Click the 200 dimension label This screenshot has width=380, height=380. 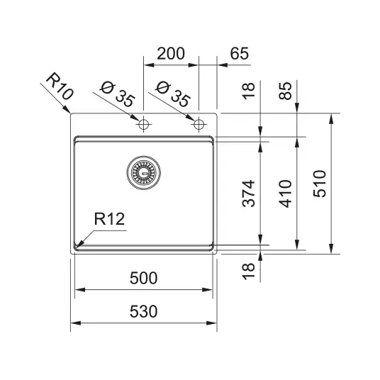(x=171, y=54)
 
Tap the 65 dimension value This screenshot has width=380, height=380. (x=240, y=54)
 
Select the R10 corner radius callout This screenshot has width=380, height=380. (x=60, y=86)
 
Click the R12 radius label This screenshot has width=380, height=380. (x=109, y=219)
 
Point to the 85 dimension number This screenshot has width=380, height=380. (x=285, y=91)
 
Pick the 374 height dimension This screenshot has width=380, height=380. (x=249, y=194)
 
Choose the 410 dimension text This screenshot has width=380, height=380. (x=285, y=194)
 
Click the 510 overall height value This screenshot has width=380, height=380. (x=320, y=184)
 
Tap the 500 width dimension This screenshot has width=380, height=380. (x=143, y=278)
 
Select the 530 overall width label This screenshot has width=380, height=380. (x=143, y=311)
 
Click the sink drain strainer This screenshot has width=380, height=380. (x=143, y=172)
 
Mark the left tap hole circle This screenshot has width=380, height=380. (x=143, y=124)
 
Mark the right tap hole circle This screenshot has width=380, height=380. (x=199, y=124)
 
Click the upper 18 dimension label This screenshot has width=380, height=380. (x=249, y=91)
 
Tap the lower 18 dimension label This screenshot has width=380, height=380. (x=249, y=272)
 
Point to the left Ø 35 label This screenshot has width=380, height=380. (x=117, y=94)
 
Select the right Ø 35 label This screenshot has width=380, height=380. (x=172, y=94)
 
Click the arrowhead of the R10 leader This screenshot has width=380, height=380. (x=66, y=109)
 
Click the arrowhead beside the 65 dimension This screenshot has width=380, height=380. (x=223, y=65)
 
